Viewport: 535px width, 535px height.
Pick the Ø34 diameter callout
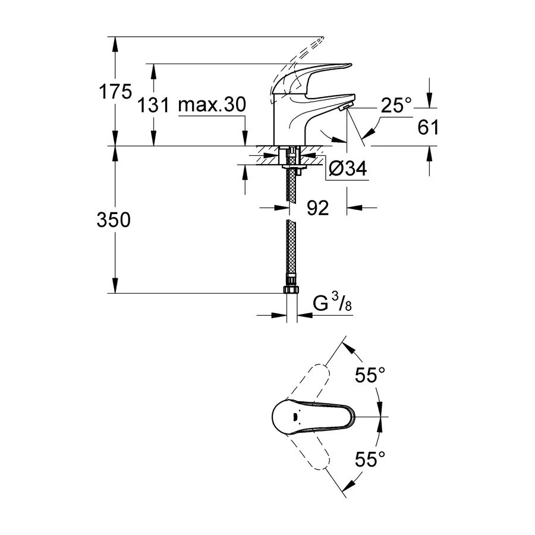pos(347,170)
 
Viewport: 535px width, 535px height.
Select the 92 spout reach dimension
pos(318,208)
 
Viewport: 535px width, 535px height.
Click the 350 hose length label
pos(114,220)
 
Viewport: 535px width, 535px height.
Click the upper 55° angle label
pos(370,375)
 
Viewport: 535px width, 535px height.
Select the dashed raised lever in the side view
pos(303,53)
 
